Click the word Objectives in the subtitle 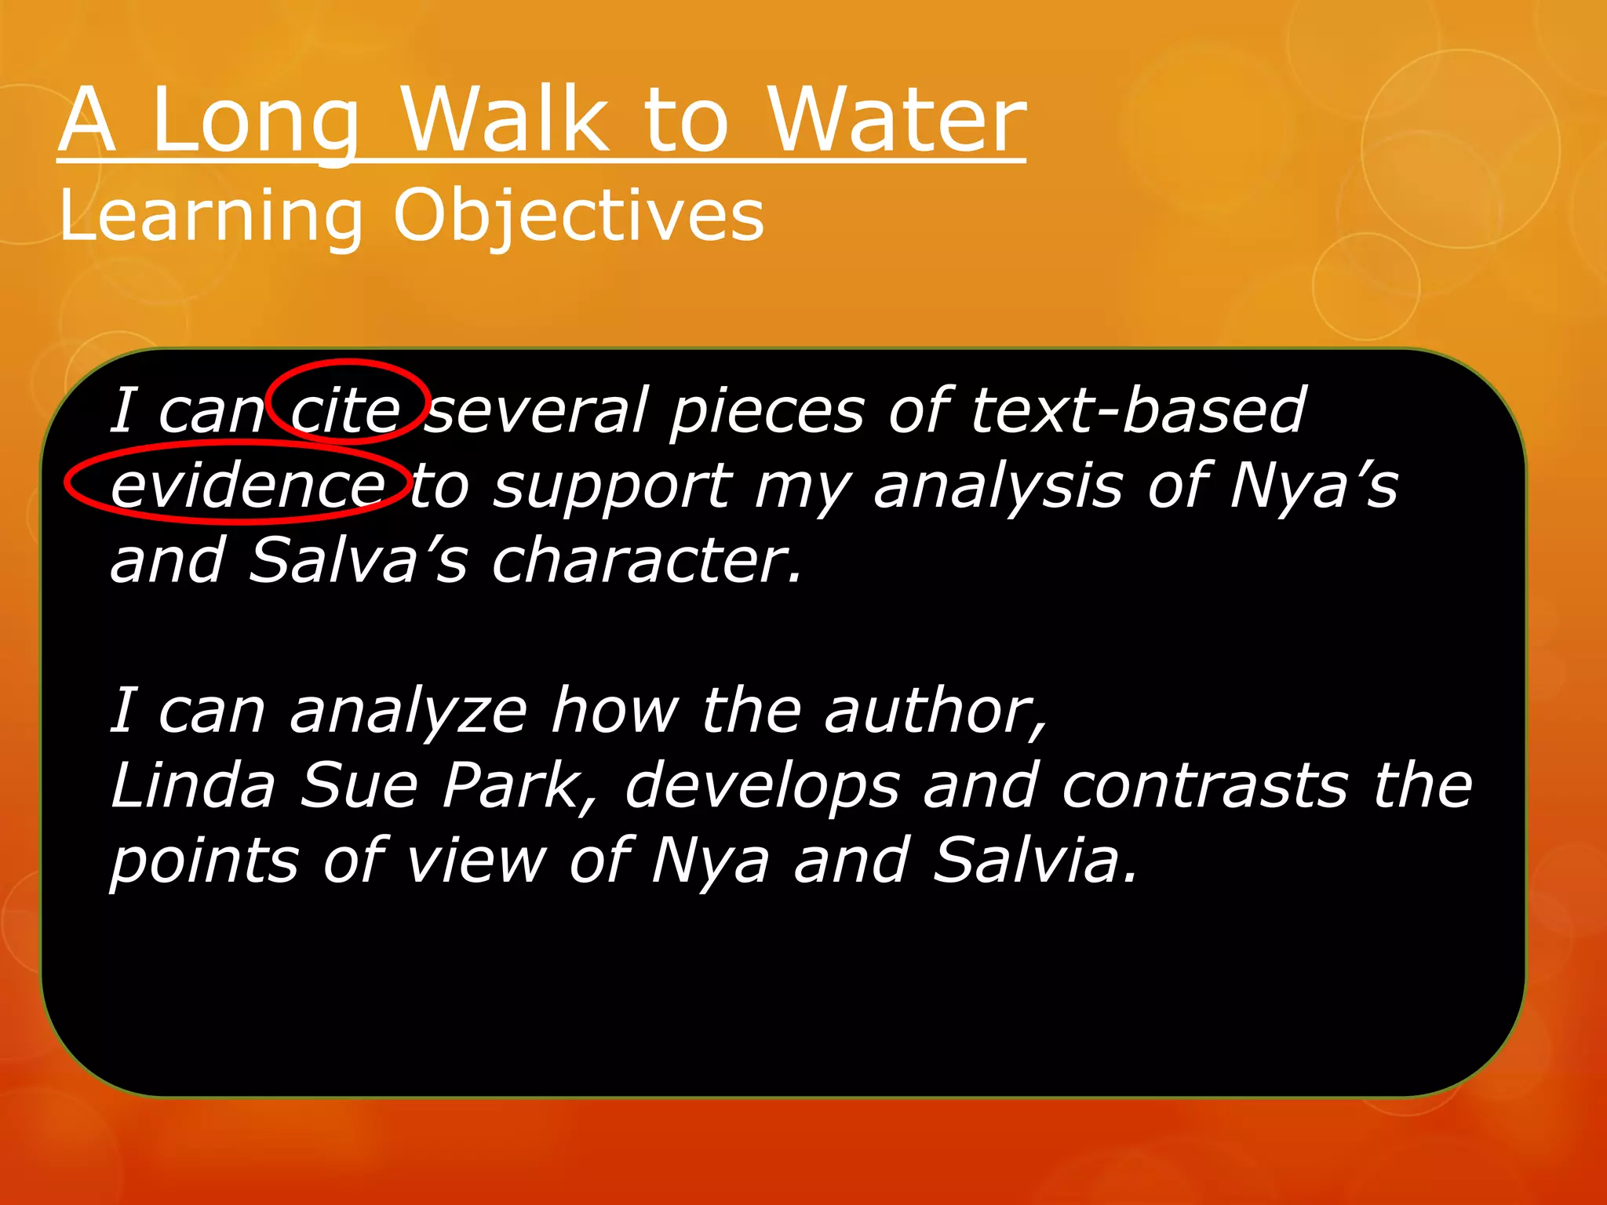(x=578, y=216)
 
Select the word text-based (x=1137, y=410)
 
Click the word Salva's (x=358, y=560)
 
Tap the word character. (x=647, y=560)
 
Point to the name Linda (x=193, y=785)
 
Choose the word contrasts (x=1204, y=785)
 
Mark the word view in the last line (x=476, y=860)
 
